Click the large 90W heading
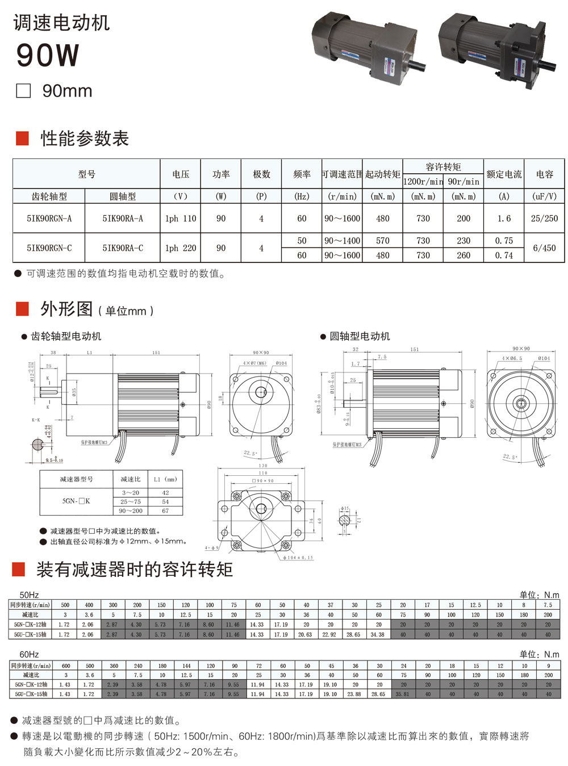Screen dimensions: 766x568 (48, 55)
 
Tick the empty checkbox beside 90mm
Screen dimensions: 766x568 (23, 91)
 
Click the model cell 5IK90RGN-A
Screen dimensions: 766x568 (49, 219)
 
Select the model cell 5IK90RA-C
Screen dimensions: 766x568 (123, 248)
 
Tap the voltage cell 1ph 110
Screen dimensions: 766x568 (181, 219)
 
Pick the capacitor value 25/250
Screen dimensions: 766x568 (544, 219)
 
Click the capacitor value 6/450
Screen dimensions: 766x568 (544, 248)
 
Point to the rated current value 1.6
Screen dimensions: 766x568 (504, 219)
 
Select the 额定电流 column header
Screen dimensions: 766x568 (504, 174)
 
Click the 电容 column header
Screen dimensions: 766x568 (544, 174)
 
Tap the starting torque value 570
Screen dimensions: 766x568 (383, 241)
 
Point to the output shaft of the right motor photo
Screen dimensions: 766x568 (549, 65)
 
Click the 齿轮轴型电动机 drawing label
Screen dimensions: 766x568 (66, 336)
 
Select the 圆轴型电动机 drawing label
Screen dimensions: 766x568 (360, 336)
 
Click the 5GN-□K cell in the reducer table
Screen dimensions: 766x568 (76, 501)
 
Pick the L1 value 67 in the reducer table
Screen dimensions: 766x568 (165, 511)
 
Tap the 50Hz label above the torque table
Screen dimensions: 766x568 (29, 595)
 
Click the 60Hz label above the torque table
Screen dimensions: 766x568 (29, 654)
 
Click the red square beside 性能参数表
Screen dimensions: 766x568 (22, 138)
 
